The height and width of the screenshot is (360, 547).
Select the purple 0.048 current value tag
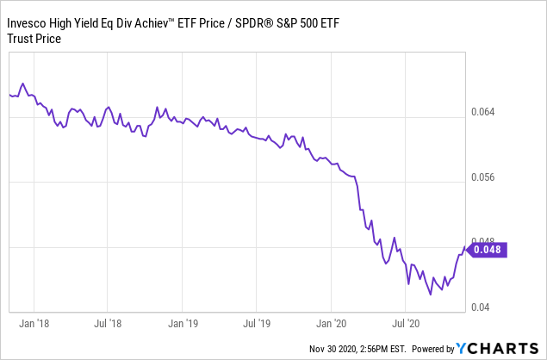point(489,251)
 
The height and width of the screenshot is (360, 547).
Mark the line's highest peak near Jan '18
point(22,84)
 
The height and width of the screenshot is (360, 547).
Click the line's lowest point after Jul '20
point(430,295)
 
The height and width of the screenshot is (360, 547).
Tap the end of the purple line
point(465,248)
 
